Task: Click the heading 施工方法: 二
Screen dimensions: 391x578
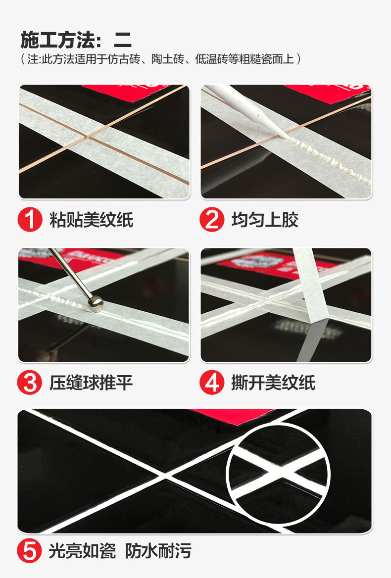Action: [76, 40]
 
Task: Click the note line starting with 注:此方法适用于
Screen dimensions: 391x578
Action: [161, 59]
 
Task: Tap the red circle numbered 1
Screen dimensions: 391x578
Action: [30, 219]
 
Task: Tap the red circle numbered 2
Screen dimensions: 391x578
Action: [212, 219]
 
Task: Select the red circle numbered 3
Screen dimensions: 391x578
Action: [30, 382]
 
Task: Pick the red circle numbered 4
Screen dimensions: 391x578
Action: [212, 382]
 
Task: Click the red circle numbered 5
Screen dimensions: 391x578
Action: [30, 551]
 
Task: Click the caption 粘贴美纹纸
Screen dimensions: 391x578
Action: [92, 220]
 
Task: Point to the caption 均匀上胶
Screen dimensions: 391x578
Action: [265, 220]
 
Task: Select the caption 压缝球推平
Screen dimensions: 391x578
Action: [91, 383]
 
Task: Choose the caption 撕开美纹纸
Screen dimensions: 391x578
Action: [273, 383]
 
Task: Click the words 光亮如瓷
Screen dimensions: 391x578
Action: [82, 551]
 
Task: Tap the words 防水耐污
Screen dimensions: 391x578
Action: [158, 551]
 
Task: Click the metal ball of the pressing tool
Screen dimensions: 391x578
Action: [96, 304]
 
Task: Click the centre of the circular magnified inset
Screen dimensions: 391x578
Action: [278, 475]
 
